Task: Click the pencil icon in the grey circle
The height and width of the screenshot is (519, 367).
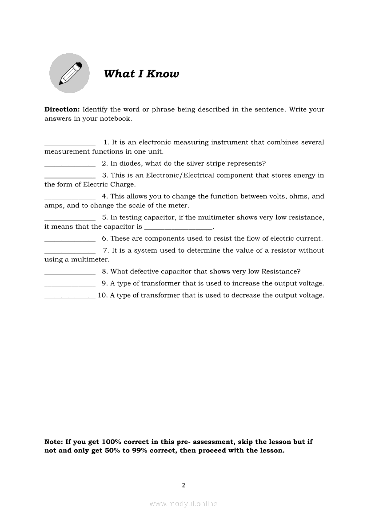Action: (x=69, y=73)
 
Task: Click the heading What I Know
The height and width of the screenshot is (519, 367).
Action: (x=141, y=74)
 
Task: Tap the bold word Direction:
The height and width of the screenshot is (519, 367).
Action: (x=62, y=109)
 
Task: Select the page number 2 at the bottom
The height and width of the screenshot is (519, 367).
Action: (x=183, y=485)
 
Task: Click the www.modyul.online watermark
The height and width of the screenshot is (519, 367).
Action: (x=183, y=503)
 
